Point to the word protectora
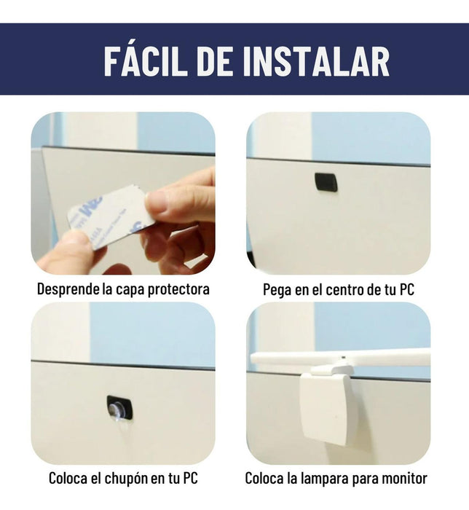pyautogui.click(x=178, y=289)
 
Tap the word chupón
pyautogui.click(x=127, y=479)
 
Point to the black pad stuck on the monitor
pyautogui.click(x=326, y=181)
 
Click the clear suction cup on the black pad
pyautogui.click(x=118, y=409)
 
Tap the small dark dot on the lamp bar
pyautogui.click(x=344, y=357)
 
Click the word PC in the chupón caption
pyautogui.click(x=191, y=479)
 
